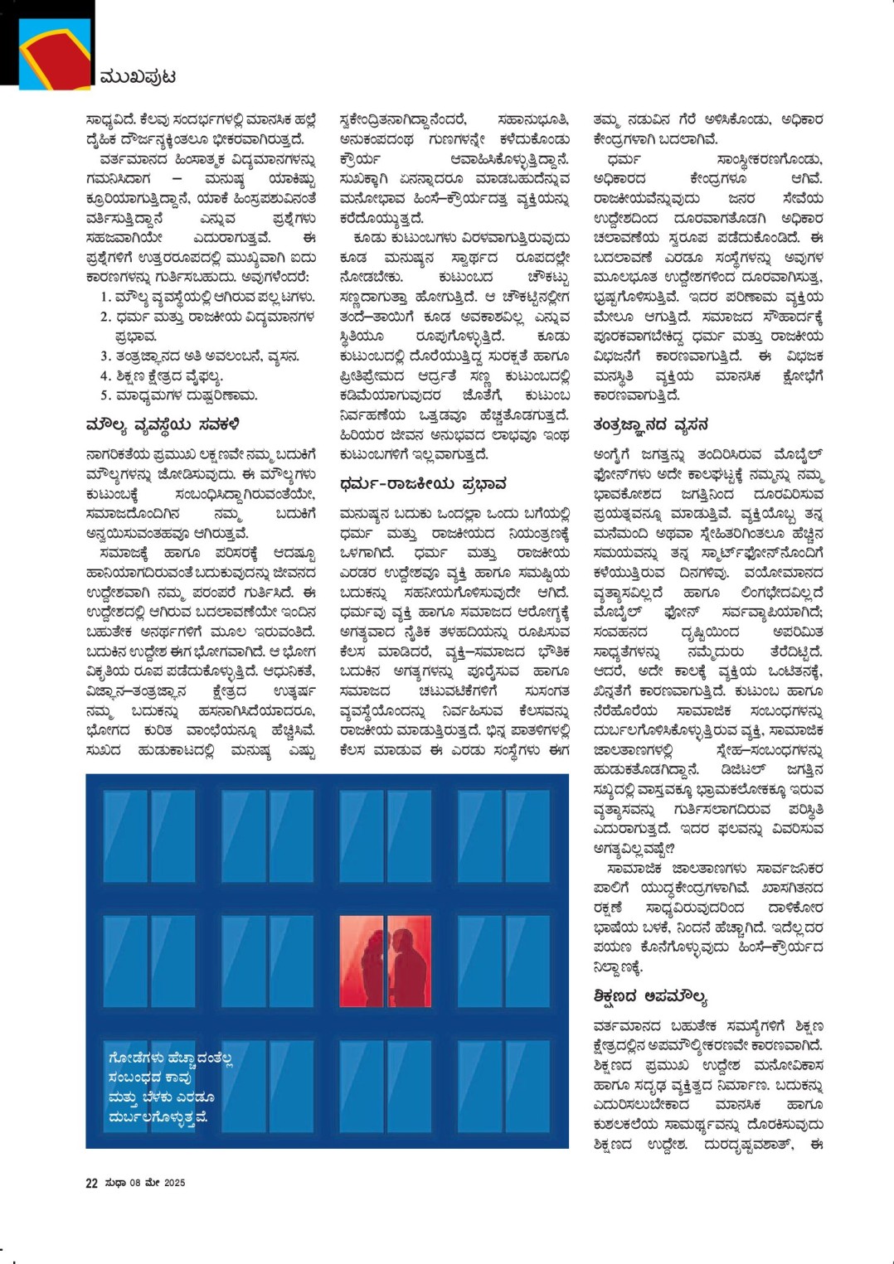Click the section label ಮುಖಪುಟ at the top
(137, 77)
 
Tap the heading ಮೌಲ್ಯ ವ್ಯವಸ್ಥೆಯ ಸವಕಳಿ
(163, 426)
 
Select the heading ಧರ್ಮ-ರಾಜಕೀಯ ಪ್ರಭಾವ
(423, 483)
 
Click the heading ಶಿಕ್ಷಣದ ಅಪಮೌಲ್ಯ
(649, 996)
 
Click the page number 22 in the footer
(91, 1184)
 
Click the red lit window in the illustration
(386, 961)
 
